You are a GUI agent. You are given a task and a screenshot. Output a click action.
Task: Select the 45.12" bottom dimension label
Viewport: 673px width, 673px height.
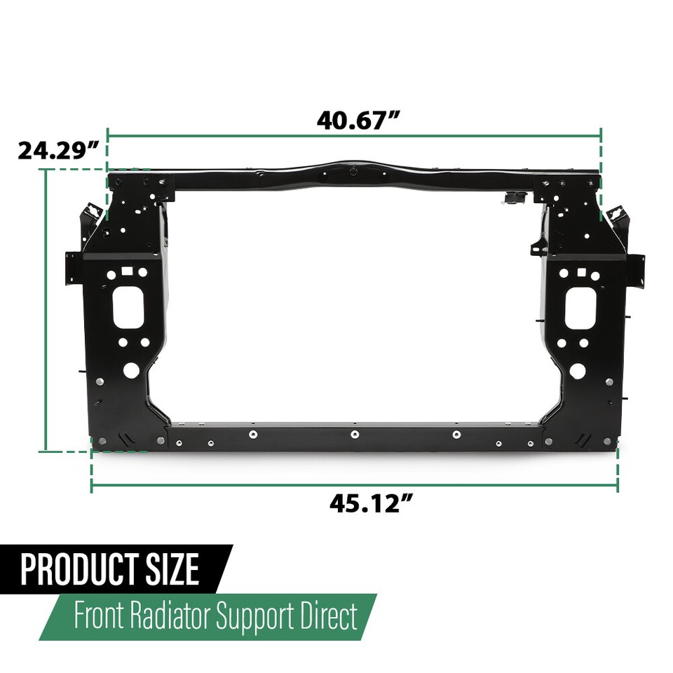370,503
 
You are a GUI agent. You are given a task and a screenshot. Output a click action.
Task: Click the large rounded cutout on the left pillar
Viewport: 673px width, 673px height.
128,307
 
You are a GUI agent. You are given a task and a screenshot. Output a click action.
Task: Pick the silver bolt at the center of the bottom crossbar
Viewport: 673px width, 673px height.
355,435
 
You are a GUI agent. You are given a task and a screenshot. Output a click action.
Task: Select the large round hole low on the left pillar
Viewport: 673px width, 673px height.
132,370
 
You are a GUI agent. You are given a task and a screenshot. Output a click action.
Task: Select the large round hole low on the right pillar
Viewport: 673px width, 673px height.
578,371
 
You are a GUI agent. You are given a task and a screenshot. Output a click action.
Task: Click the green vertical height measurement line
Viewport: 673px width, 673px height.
46,308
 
